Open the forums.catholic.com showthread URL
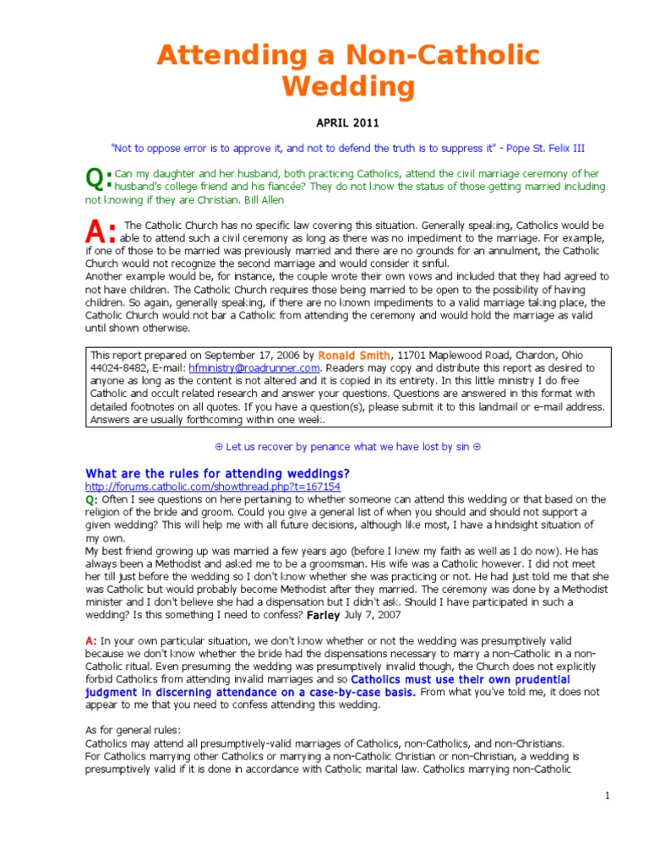[213, 487]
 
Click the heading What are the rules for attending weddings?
[217, 473]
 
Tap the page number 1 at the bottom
[608, 796]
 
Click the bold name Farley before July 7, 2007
[323, 615]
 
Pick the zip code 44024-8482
[120, 368]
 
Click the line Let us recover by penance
[348, 446]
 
